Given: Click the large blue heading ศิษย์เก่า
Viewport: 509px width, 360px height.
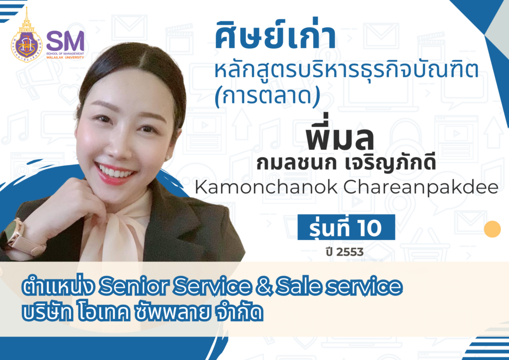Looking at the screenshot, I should pyautogui.click(x=275, y=38).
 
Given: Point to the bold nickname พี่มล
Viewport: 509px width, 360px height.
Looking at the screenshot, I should pyautogui.click(x=340, y=139).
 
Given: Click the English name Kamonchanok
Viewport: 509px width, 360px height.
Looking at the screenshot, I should pyautogui.click(x=253, y=188).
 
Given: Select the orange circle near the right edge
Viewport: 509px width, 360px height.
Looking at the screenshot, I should pyautogui.click(x=492, y=229).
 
